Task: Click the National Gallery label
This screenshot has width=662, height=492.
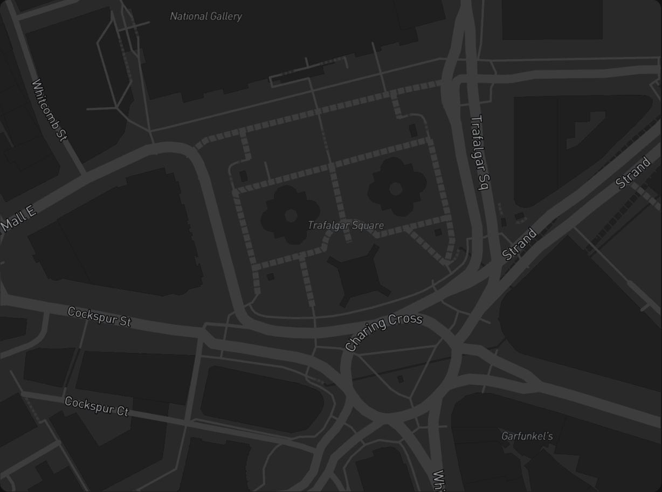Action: click(x=206, y=16)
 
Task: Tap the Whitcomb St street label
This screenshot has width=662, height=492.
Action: click(x=49, y=110)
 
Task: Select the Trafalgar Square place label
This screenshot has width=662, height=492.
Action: click(x=346, y=225)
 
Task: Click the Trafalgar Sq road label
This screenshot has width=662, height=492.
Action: click(x=479, y=153)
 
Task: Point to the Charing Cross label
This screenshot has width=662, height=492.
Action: click(x=383, y=331)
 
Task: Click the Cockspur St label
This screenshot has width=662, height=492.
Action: click(x=99, y=316)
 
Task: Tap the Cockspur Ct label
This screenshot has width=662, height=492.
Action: click(x=96, y=406)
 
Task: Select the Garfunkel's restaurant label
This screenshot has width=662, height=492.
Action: click(x=527, y=436)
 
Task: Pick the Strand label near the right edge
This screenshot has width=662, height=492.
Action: click(x=633, y=172)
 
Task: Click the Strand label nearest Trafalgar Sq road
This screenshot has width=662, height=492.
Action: click(x=520, y=244)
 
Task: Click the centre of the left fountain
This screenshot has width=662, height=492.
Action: click(x=291, y=216)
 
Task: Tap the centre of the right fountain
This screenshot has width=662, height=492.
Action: click(x=396, y=188)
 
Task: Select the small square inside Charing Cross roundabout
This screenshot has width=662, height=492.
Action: click(x=400, y=379)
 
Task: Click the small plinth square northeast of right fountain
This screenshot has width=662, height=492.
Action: click(x=413, y=130)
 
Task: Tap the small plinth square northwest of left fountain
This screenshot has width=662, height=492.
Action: click(x=243, y=176)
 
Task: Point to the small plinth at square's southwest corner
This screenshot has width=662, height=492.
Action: click(x=271, y=276)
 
